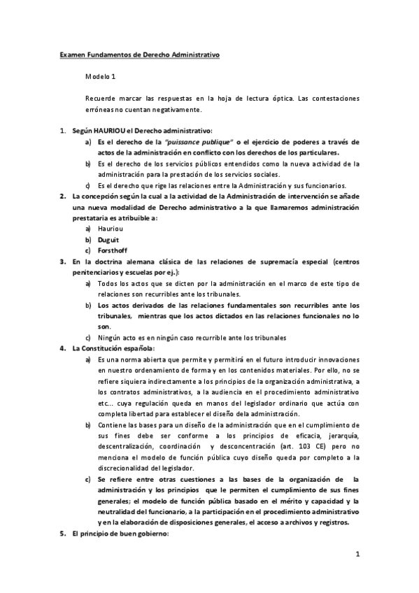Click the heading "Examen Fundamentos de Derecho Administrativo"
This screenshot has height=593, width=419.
pyautogui.click(x=139, y=53)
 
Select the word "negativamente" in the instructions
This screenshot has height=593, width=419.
pyautogui.click(x=179, y=110)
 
